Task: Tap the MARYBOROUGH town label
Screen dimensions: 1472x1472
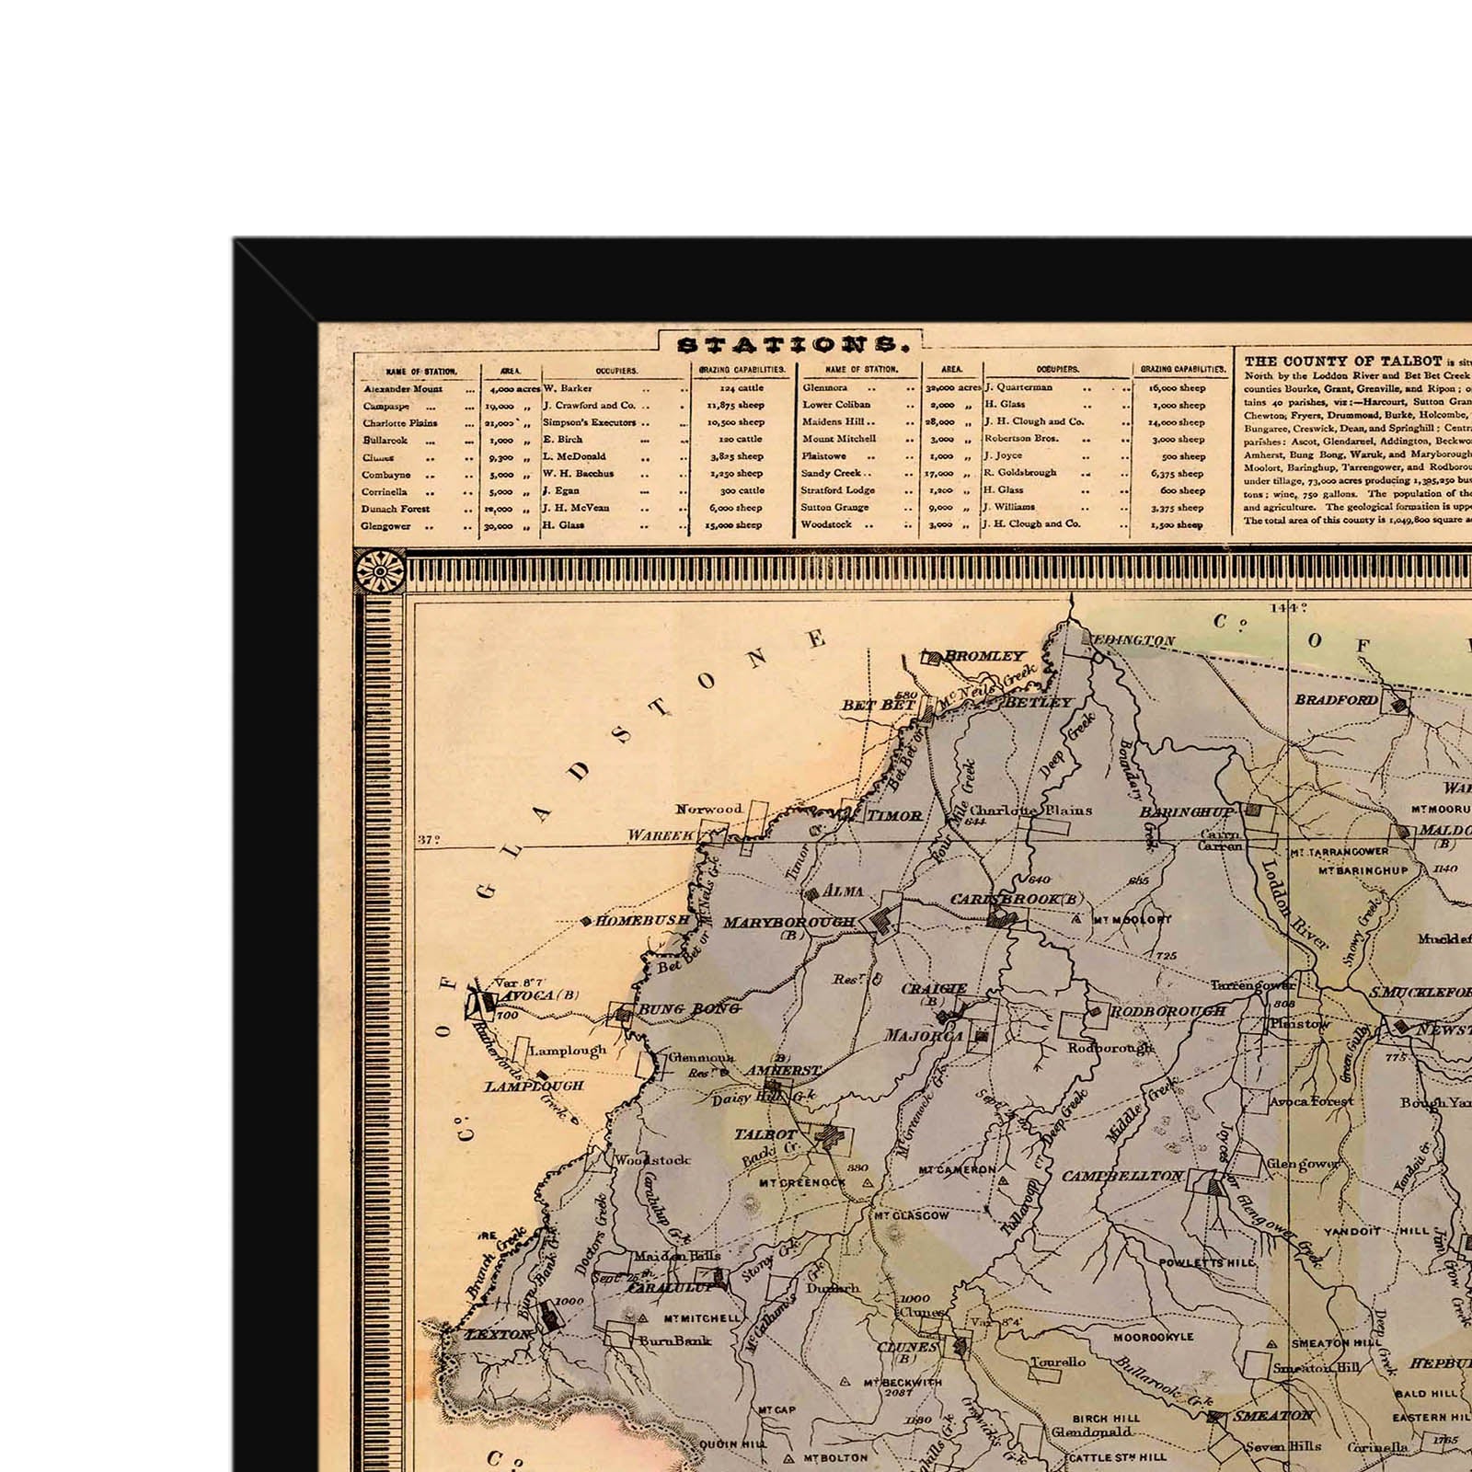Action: [x=788, y=922]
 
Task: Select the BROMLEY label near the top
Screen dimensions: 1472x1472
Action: [x=984, y=656]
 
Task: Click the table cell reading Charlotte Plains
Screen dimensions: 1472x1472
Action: [x=399, y=423]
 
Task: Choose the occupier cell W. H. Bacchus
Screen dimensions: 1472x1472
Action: [x=578, y=474]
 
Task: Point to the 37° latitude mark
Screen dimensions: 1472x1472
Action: [x=429, y=839]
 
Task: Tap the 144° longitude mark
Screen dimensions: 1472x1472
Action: [x=1288, y=607]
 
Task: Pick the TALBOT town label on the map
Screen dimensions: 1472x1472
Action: [x=765, y=1134]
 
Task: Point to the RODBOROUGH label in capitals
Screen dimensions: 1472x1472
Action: [x=1167, y=1011]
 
